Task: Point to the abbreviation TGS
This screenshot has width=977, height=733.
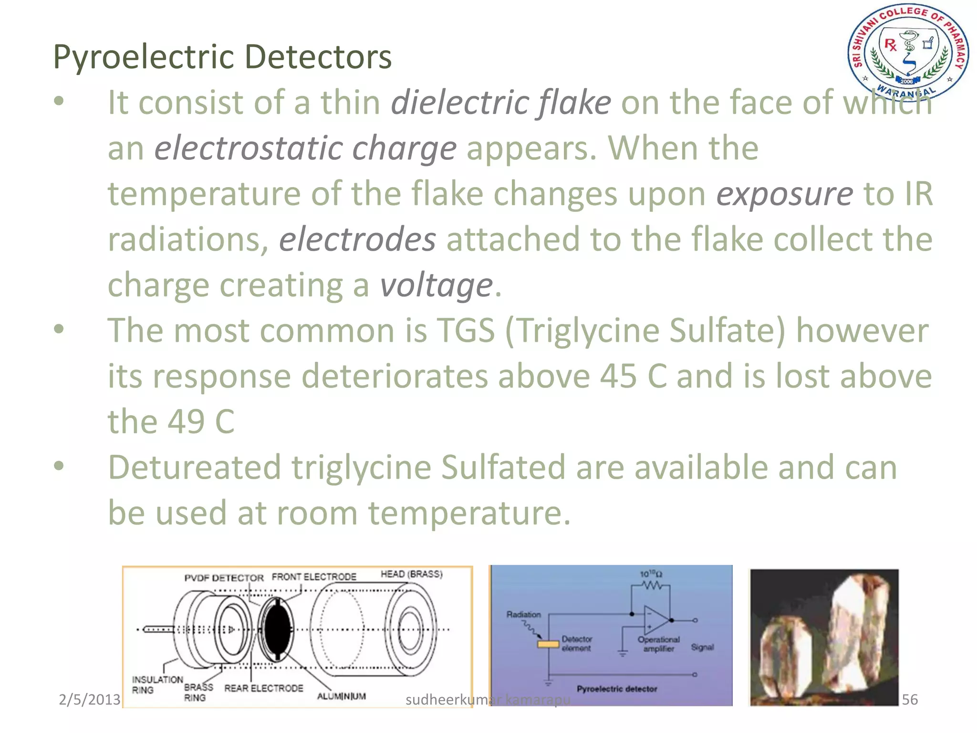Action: (x=466, y=330)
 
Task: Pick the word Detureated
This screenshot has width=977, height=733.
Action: (x=194, y=467)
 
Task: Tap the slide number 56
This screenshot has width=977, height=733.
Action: (x=909, y=700)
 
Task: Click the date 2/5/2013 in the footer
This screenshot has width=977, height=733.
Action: (x=89, y=700)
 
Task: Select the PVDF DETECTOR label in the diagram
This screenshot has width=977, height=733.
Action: (x=224, y=578)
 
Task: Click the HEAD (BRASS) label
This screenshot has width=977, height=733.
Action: (x=411, y=574)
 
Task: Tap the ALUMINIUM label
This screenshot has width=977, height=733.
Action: (x=342, y=696)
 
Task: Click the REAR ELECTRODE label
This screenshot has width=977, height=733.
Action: (x=263, y=688)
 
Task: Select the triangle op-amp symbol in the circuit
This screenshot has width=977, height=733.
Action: (x=656, y=620)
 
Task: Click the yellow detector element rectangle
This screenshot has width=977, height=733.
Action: (x=548, y=644)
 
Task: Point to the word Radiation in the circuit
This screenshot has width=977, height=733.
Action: (x=523, y=614)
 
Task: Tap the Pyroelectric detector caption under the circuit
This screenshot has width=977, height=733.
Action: (x=616, y=689)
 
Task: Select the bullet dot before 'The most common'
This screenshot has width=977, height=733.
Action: (x=59, y=329)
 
